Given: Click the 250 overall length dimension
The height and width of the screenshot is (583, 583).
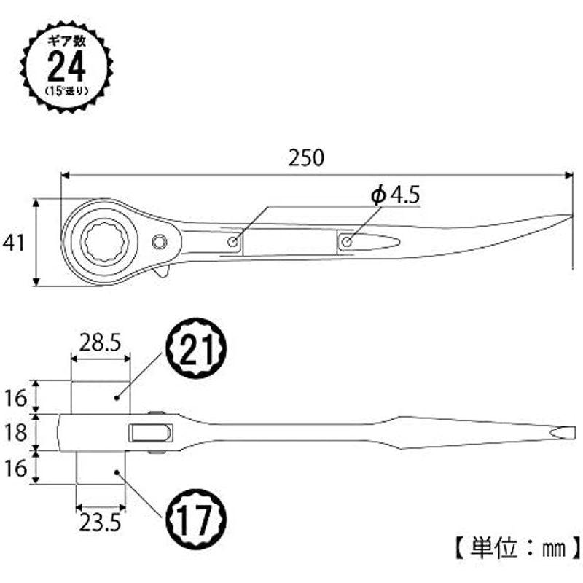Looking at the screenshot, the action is [x=306, y=157].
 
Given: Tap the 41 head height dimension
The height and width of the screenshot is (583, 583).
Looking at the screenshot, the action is [x=14, y=243].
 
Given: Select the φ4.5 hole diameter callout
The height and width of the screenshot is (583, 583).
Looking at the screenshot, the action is [x=395, y=195].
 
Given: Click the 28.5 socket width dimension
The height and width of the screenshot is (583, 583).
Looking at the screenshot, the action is [x=100, y=343].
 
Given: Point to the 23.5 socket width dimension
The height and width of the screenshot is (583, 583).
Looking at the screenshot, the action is [x=100, y=523].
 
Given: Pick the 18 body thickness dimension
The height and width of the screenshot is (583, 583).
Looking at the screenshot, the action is [x=15, y=433].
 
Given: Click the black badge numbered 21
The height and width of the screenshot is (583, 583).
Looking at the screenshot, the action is [x=196, y=349].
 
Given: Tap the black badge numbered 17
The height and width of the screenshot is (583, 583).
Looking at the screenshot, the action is [x=196, y=519].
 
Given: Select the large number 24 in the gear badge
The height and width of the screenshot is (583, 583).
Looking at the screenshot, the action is [x=66, y=67].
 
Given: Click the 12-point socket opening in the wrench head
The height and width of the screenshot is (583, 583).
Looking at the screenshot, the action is [x=104, y=242].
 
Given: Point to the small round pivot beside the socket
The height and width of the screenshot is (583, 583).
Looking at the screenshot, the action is [x=160, y=242].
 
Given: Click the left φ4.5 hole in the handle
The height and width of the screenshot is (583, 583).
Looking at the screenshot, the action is [x=233, y=242].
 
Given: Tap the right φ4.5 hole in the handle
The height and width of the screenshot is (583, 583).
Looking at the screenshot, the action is [x=347, y=242].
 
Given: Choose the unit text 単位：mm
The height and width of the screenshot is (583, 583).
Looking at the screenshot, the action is [x=518, y=548].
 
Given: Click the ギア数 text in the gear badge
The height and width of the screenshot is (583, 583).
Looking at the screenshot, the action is [x=66, y=40].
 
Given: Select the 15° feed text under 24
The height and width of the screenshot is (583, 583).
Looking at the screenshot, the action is [x=66, y=91].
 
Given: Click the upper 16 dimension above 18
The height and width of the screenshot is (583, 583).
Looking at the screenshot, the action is [x=15, y=398].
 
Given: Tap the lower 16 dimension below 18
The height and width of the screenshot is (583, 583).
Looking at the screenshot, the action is [x=15, y=468].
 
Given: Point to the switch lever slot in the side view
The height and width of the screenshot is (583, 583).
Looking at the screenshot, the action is [x=151, y=433].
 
